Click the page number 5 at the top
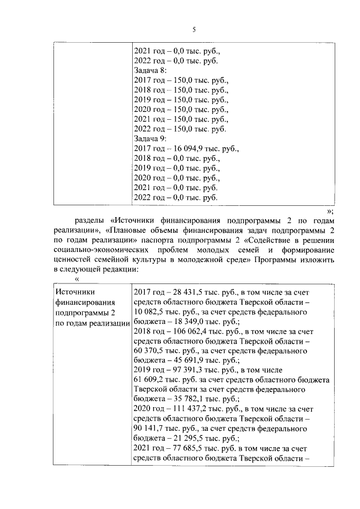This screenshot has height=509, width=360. tap(193, 30)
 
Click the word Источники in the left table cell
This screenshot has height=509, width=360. tap(75, 292)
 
